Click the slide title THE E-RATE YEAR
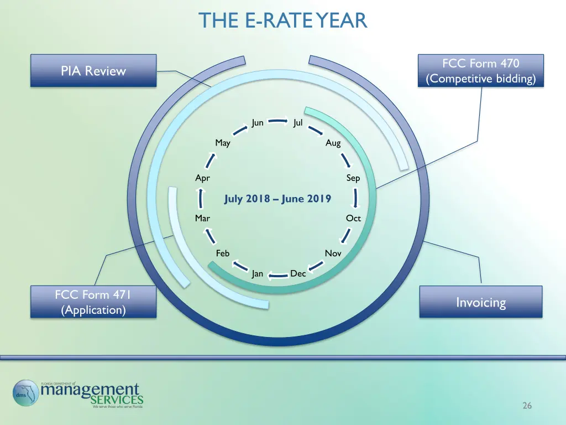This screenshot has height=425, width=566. click(283, 20)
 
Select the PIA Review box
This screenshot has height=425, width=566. click(93, 71)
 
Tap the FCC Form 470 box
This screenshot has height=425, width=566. click(480, 71)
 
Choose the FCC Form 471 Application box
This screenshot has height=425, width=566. click(93, 302)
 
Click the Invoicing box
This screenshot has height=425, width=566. click(480, 302)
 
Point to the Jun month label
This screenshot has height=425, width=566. click(258, 123)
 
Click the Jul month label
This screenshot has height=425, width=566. click(298, 123)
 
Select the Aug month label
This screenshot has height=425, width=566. click(333, 143)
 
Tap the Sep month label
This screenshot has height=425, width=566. click(353, 178)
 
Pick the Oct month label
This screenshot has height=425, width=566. click(353, 218)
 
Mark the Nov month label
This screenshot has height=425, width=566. click(333, 253)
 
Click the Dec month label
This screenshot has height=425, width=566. click(298, 273)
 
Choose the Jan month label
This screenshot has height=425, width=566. click(258, 273)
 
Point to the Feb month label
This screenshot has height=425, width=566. click(223, 253)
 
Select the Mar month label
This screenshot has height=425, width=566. click(202, 218)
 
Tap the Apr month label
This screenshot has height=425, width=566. click(202, 178)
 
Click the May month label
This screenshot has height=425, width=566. click(223, 143)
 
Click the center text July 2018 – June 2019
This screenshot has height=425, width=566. click(277, 199)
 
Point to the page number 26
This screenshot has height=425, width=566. click(527, 406)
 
